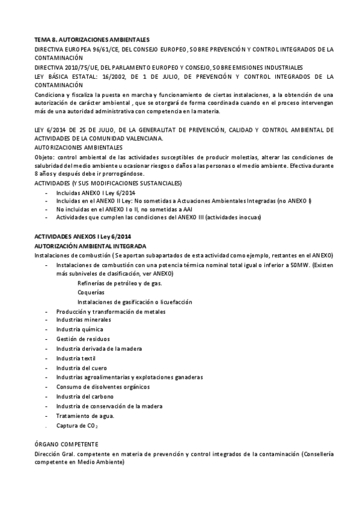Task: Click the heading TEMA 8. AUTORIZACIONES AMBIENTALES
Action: click(92, 39)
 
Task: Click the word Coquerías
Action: click(91, 292)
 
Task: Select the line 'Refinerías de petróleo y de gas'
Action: click(119, 283)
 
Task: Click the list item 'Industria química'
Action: click(80, 329)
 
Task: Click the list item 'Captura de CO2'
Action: click(77, 426)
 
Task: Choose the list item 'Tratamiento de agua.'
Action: click(85, 416)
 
